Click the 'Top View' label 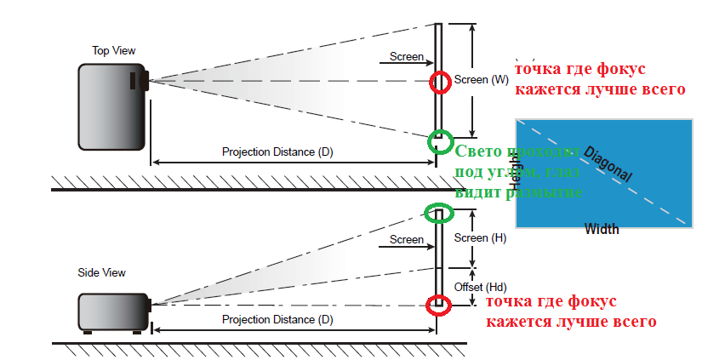113,51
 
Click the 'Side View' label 101,272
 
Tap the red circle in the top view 440,82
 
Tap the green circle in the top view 440,140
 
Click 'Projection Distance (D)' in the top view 277,152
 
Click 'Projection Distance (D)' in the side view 277,319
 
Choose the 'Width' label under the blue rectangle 602,229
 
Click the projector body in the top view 111,106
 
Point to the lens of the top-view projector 145,82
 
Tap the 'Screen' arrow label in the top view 407,56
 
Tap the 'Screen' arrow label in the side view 407,239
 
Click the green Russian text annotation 517,173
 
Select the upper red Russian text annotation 599,78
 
